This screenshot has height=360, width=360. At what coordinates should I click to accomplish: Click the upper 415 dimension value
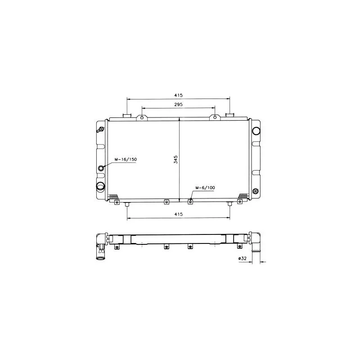tap(178, 95)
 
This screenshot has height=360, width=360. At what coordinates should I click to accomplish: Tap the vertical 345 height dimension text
tap(176, 159)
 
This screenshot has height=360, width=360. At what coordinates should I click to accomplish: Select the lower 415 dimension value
tap(178, 215)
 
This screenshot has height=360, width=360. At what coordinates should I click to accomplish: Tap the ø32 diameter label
tap(242, 258)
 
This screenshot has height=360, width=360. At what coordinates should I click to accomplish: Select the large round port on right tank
tap(256, 131)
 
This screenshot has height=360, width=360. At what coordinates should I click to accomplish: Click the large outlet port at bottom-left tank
tap(100, 187)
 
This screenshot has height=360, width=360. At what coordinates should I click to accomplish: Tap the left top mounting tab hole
tap(142, 118)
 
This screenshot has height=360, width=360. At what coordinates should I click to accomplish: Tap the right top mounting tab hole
tap(215, 118)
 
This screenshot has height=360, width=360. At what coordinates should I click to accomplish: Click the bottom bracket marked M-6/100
tap(190, 201)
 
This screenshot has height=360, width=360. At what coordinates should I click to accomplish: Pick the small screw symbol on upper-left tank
tap(99, 130)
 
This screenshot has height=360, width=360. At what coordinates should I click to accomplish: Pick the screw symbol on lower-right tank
tap(256, 191)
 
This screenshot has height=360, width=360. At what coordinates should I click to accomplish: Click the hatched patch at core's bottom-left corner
tap(113, 196)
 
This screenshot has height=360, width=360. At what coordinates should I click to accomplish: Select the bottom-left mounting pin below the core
tap(127, 205)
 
